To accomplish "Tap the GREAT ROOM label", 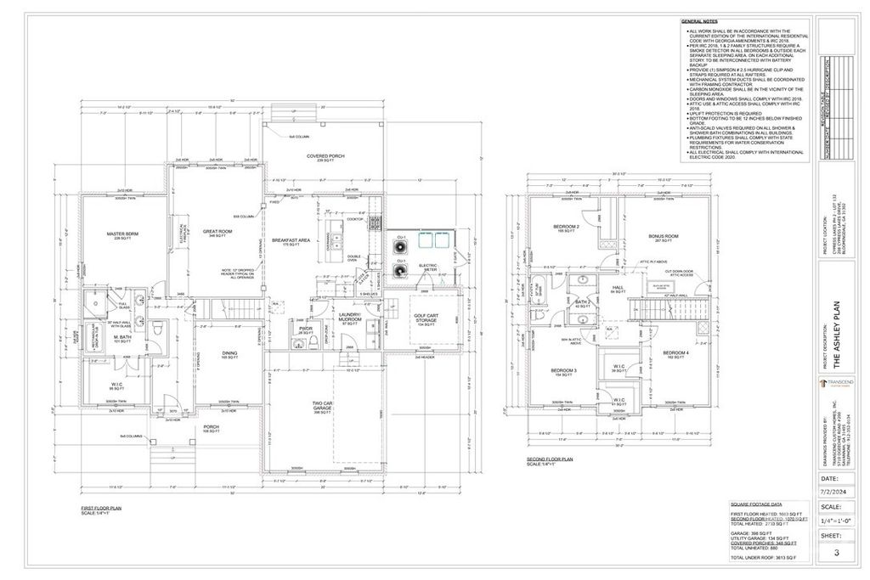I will tap(217, 231).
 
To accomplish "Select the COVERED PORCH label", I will tap(325, 156).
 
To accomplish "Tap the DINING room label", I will tap(230, 354).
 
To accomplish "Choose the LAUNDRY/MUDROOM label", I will tap(348, 318).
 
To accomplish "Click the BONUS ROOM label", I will tap(663, 235).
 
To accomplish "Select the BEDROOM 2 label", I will tap(566, 227).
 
